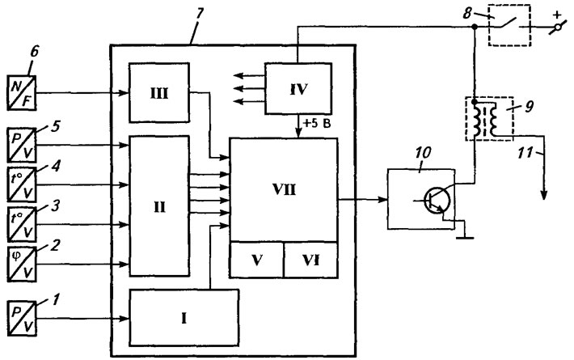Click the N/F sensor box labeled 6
[22, 93]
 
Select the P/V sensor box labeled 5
[22, 145]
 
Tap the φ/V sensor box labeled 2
[22, 265]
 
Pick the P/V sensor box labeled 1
[22, 318]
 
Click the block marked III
[159, 93]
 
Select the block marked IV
[298, 89]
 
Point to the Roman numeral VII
[284, 189]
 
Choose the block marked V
[256, 260]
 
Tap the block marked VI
[310, 260]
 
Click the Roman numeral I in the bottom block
[184, 318]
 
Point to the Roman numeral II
[159, 207]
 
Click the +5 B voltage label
[317, 124]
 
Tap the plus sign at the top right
[557, 15]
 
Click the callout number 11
[525, 152]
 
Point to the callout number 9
[530, 106]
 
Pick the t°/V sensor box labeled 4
[22, 184]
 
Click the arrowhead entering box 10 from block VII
[383, 200]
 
